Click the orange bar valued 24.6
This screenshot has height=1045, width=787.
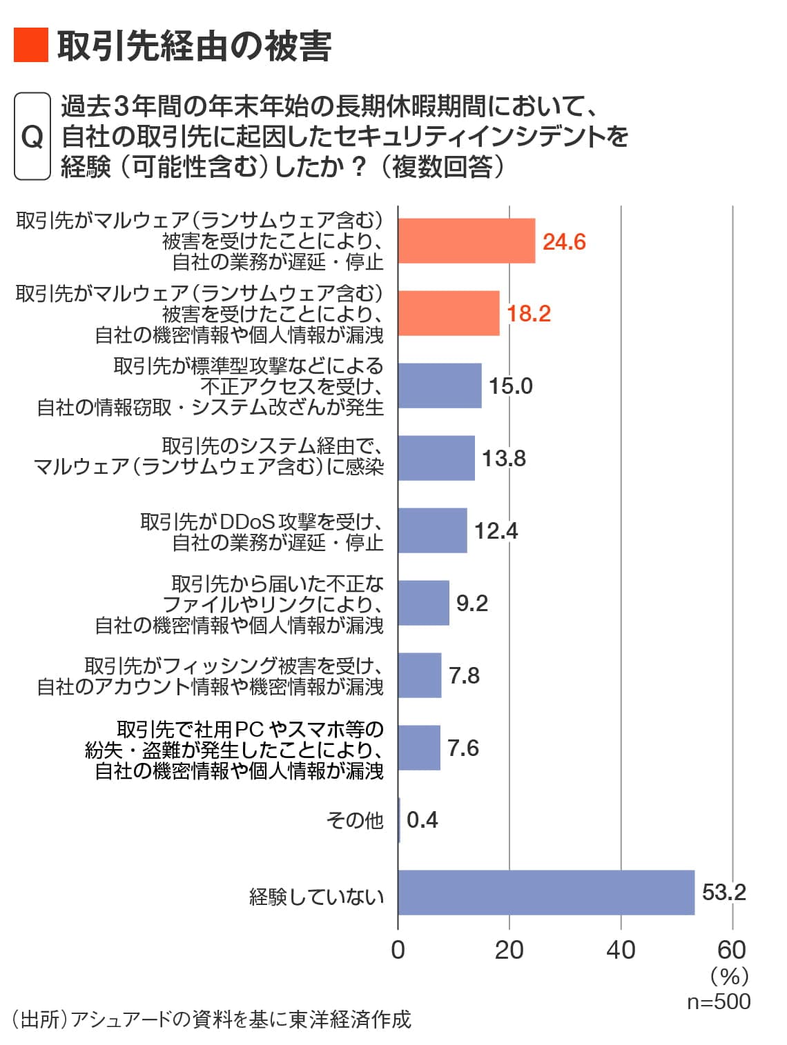(x=467, y=241)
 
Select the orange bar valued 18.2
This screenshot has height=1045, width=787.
(x=449, y=313)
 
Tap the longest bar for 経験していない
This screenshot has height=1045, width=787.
(x=546, y=892)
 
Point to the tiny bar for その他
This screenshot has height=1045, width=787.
(x=399, y=820)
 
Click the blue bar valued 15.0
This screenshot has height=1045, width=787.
(x=440, y=386)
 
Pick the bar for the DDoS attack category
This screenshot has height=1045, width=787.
(x=433, y=530)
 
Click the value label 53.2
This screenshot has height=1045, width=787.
(x=723, y=892)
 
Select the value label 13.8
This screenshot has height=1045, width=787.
(x=503, y=458)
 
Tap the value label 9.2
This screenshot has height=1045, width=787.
(x=472, y=603)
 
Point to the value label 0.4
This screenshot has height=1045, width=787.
(x=422, y=820)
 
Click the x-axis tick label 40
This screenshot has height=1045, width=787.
(x=620, y=950)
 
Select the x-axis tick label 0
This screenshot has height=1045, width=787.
(x=398, y=950)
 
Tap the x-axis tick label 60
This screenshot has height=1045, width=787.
(x=731, y=950)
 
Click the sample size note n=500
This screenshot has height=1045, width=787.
(x=718, y=1001)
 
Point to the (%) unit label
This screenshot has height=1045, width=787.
(x=729, y=976)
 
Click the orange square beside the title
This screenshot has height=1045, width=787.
(x=31, y=46)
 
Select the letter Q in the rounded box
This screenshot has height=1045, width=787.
(x=32, y=137)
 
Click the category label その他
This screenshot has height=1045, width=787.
(x=354, y=820)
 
